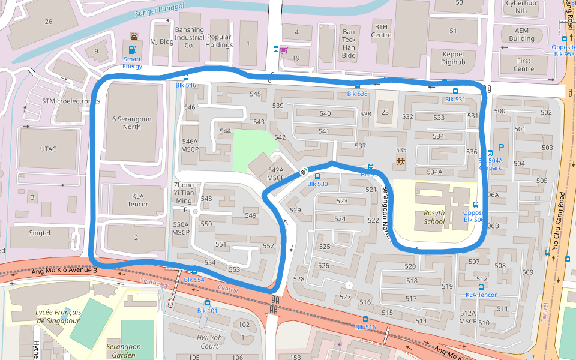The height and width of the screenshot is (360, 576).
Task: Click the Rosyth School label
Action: tap(434, 217)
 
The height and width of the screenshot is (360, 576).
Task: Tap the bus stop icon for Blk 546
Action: tap(186, 77)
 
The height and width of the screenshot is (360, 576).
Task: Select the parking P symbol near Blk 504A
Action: tap(501, 147)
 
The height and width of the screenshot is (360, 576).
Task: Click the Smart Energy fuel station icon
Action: tap(132, 48)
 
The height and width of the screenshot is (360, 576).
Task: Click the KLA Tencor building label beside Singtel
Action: tap(137, 200)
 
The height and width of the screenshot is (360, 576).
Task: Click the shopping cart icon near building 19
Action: tap(284, 50)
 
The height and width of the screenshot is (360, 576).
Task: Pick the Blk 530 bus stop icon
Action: tap(317, 176)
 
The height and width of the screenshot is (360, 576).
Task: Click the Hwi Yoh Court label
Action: tap(209, 342)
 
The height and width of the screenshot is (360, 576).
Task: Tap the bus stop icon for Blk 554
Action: tap(194, 272)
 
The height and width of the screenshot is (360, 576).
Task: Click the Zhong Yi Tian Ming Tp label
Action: tap(184, 197)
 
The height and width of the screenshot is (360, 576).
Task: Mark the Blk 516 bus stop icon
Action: tap(365, 319)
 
